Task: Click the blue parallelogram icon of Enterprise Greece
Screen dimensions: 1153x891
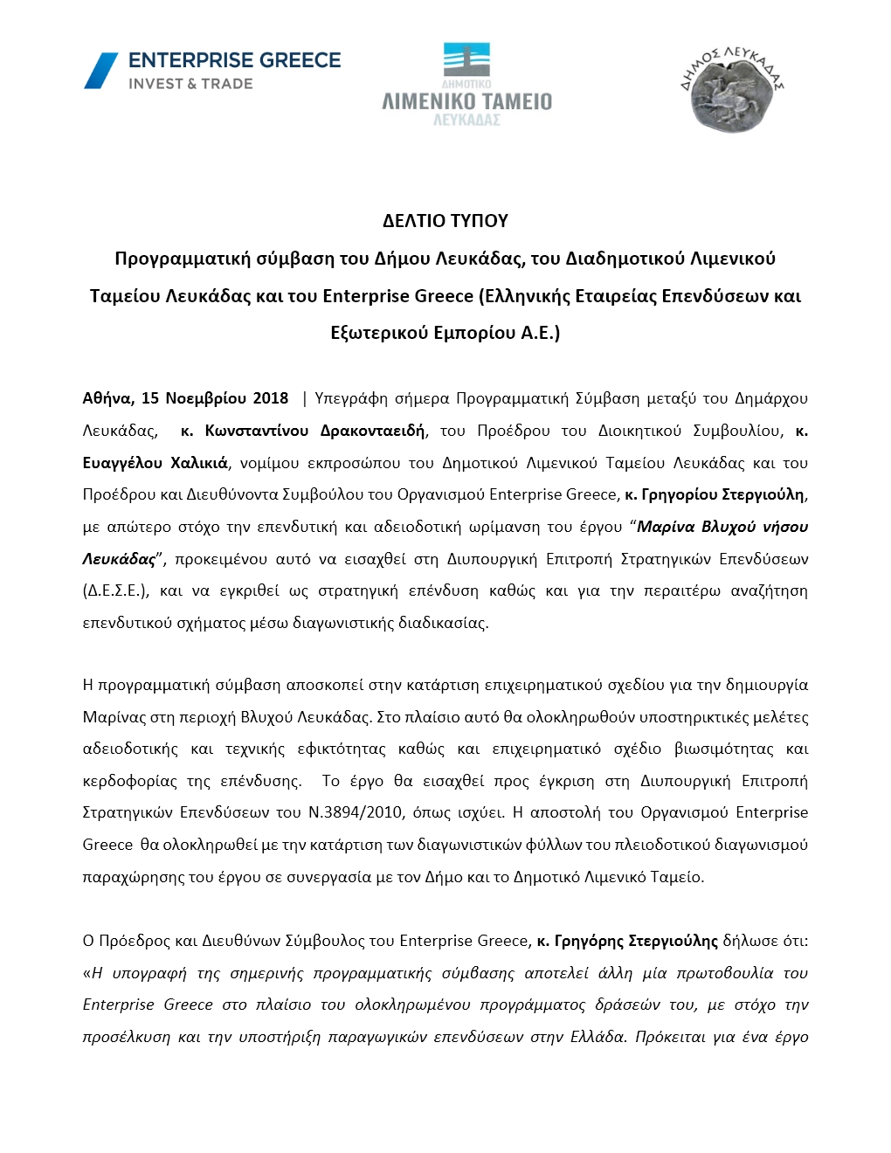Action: pos(100,71)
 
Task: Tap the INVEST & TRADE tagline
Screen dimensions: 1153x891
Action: pos(190,84)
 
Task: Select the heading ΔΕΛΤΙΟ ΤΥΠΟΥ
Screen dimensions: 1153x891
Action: pos(445,221)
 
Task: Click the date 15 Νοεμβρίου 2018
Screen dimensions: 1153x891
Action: pos(215,398)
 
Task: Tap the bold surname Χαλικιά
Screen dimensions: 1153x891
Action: pos(199,463)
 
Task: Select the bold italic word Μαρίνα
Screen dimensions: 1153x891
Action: pos(666,527)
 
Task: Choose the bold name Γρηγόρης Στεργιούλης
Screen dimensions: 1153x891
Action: pos(635,941)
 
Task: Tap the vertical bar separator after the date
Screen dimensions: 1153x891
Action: pos(304,398)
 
